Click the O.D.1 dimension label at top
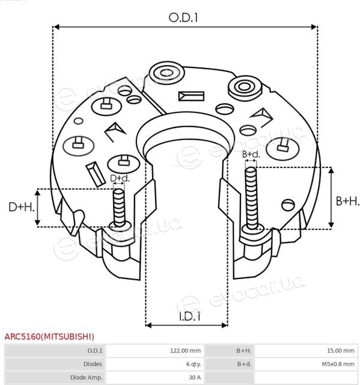pyautogui.click(x=183, y=17)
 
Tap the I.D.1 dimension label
pyautogui.click(x=189, y=316)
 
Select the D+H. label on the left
pyautogui.click(x=22, y=207)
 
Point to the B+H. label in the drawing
pyautogui.click(x=347, y=201)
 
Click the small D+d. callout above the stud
pyautogui.click(x=120, y=178)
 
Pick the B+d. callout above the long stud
pyautogui.click(x=251, y=154)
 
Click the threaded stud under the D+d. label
pyautogui.click(x=119, y=208)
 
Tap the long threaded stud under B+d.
pyautogui.click(x=251, y=199)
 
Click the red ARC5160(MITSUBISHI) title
pyautogui.click(x=49, y=336)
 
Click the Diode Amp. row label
pyautogui.click(x=87, y=377)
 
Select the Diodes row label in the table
pyautogui.click(x=93, y=364)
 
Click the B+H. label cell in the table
pyautogui.click(x=244, y=351)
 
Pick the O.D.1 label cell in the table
pyautogui.click(x=95, y=351)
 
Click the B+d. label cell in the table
pyautogui.click(x=244, y=364)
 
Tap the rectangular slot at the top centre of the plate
pyautogui.click(x=191, y=96)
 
